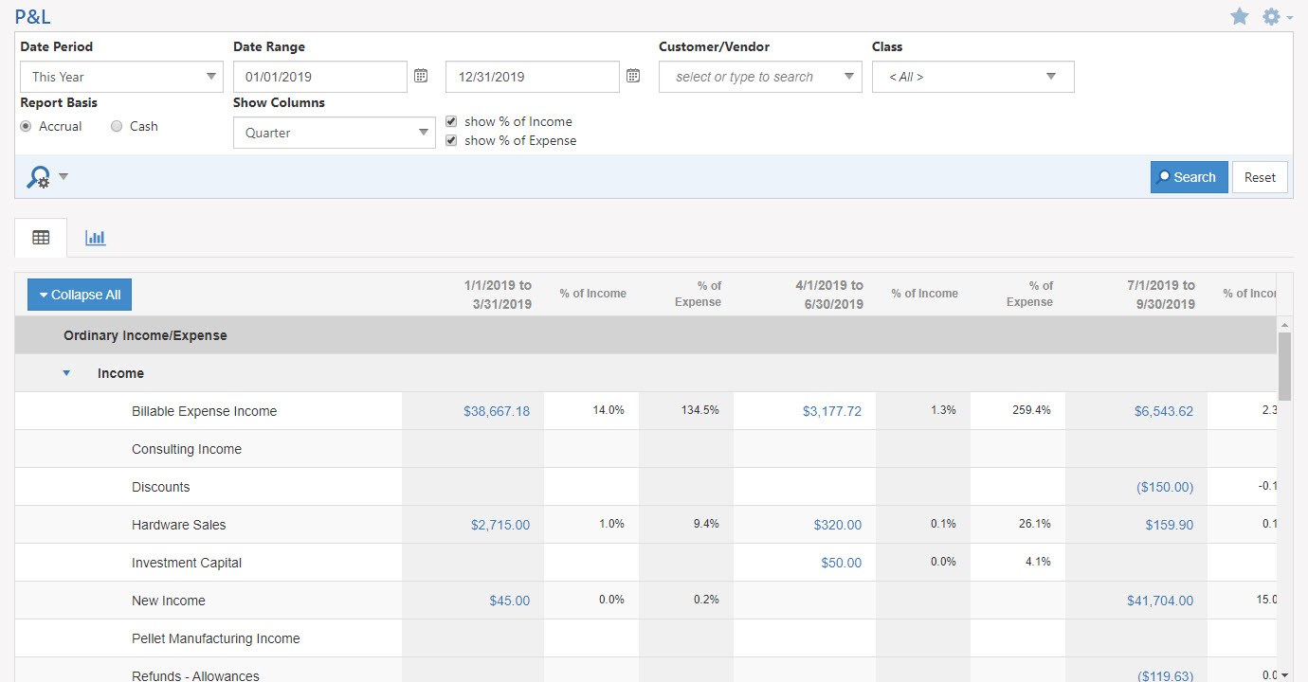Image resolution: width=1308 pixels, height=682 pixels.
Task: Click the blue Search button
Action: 1189,177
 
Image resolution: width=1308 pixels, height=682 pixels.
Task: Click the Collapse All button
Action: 80,295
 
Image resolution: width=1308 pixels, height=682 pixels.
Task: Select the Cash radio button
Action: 117,126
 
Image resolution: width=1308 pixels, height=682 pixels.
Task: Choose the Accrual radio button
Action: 26,126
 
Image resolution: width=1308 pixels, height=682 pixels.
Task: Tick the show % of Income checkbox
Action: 451,121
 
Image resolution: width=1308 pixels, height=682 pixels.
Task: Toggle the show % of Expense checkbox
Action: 451,140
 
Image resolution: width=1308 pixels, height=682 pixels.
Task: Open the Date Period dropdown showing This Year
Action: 121,77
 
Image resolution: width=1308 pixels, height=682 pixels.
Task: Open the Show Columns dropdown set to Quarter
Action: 334,133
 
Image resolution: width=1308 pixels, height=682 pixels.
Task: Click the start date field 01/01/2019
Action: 319,77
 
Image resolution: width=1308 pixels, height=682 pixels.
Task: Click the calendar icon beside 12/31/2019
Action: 633,76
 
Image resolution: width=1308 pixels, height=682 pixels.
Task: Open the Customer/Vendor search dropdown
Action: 759,77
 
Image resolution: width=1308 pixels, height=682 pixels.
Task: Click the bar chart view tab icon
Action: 95,238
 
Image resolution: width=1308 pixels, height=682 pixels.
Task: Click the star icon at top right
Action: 1239,16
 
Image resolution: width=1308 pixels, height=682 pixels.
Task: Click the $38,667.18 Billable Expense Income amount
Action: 497,411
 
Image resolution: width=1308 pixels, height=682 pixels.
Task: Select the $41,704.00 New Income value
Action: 1160,601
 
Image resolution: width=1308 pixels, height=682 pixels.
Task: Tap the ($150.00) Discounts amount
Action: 1165,487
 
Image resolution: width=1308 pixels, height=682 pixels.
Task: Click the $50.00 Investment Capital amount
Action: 842,563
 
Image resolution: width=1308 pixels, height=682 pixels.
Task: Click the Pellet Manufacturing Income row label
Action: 215,638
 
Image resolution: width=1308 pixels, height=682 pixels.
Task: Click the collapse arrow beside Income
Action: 66,373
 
